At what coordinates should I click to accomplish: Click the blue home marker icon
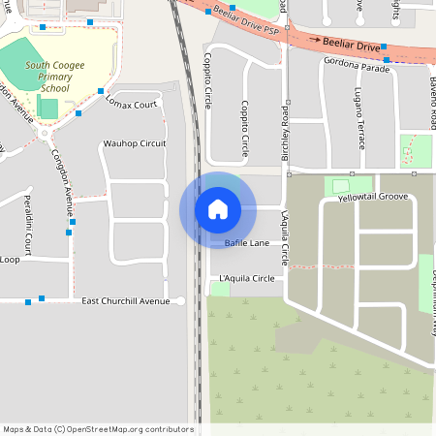218,209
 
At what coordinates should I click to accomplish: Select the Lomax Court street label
131,104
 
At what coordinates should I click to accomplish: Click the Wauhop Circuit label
134,143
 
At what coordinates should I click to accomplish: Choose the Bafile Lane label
246,242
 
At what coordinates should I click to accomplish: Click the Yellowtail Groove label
373,197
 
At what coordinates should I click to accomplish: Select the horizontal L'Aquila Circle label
246,279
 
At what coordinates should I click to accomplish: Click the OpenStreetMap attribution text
97,429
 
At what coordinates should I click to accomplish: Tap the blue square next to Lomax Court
101,91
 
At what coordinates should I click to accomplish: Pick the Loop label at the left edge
10,259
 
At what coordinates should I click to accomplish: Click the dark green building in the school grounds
47,108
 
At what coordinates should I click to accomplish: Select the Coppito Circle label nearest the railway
208,82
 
